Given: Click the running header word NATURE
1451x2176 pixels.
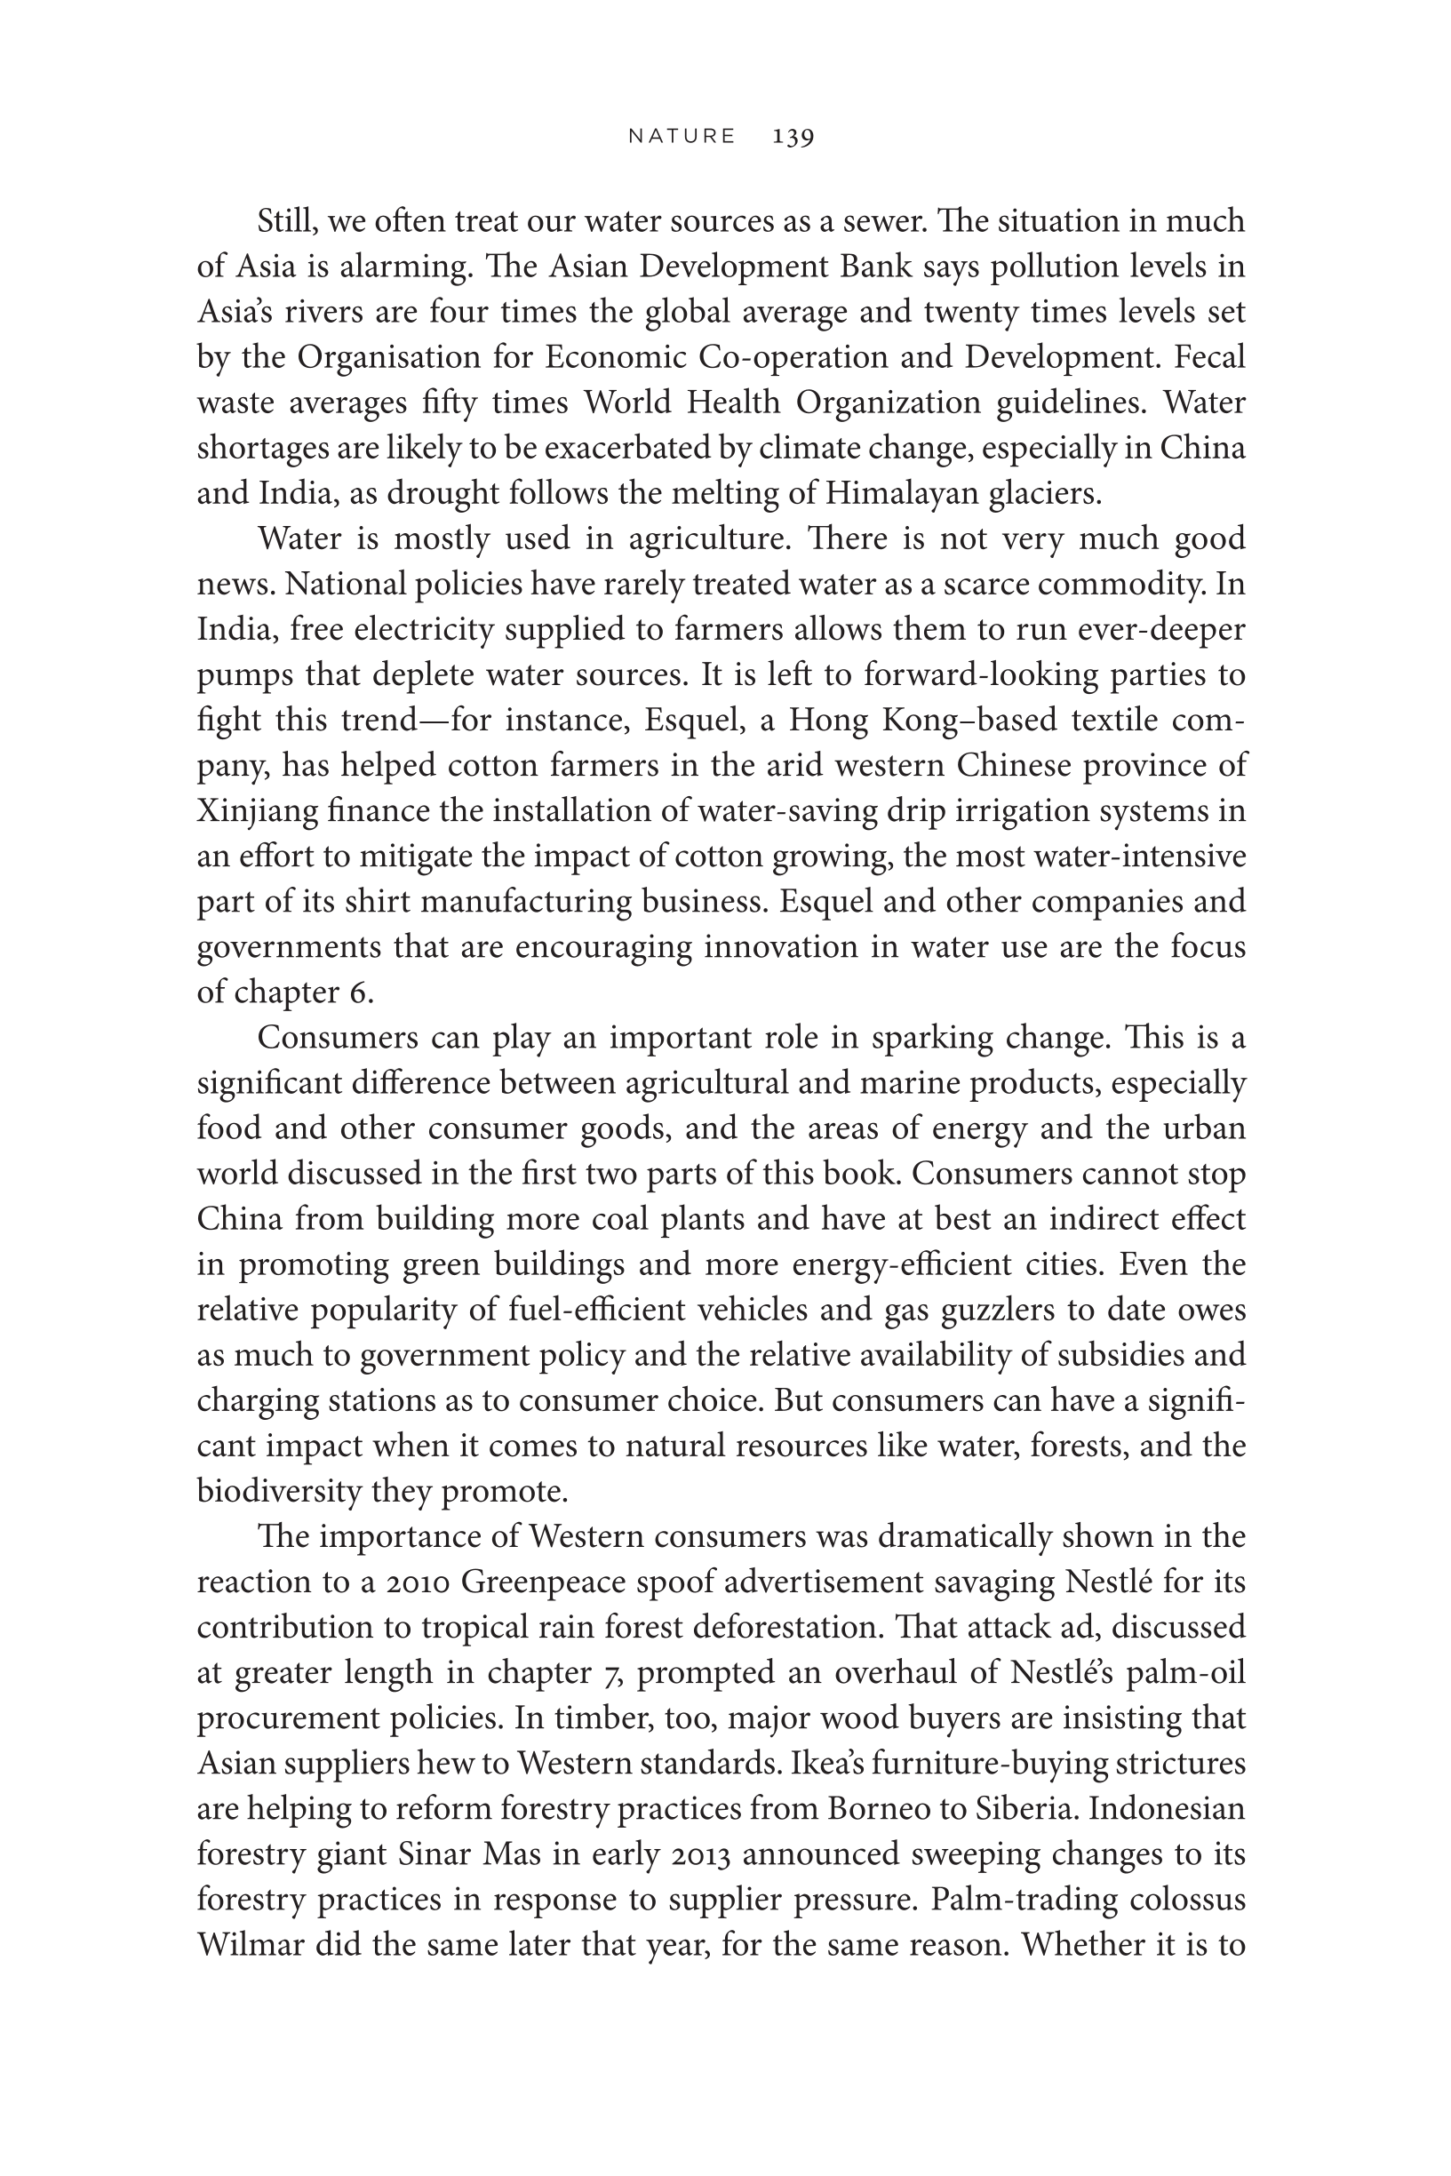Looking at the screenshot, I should (x=682, y=136).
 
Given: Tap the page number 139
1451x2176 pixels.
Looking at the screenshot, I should (x=793, y=137).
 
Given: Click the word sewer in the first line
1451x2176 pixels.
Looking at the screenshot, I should (x=884, y=221).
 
